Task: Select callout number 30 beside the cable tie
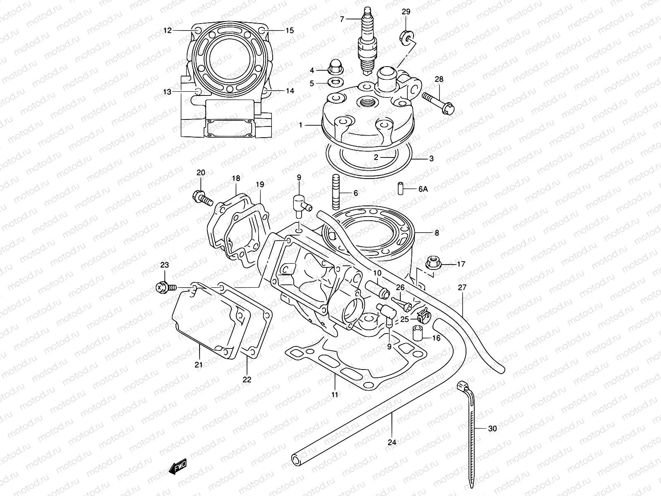492,429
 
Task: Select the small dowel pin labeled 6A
401,188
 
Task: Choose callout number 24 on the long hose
392,443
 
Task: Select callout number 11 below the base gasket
335,395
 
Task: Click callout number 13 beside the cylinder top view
167,92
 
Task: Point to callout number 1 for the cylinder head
301,125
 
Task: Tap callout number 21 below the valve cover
199,364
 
